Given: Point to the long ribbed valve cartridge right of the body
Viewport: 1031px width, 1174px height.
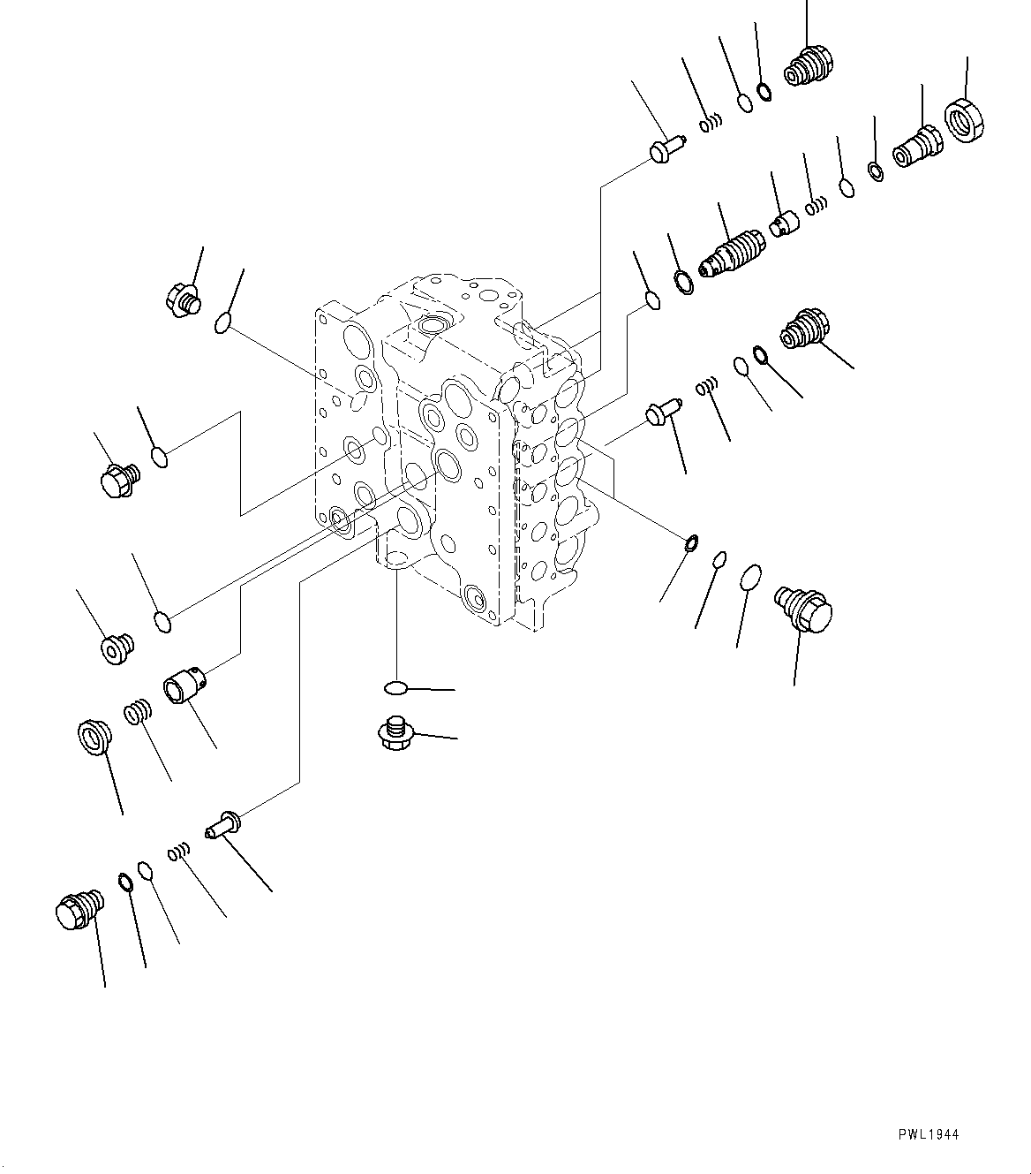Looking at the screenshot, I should click(729, 253).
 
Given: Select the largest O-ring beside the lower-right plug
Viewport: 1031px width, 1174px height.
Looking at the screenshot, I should click(750, 577).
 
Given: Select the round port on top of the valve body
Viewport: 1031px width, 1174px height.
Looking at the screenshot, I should click(434, 325).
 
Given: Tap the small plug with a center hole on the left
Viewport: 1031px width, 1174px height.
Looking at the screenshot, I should click(116, 648).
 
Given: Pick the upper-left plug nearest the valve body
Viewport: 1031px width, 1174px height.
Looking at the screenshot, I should click(183, 299).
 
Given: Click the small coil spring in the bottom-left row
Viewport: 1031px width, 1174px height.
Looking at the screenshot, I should click(178, 852).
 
